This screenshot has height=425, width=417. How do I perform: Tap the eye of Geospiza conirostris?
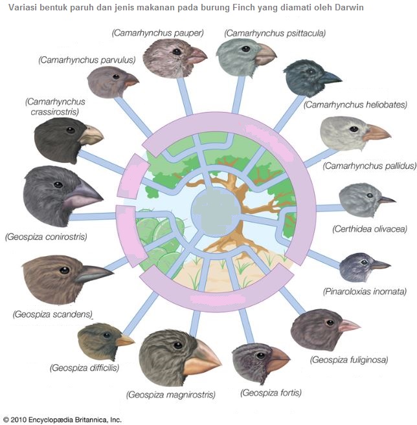(58, 185)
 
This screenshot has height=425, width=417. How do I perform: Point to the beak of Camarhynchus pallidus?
(377, 135)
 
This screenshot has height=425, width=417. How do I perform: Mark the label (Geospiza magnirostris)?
(171, 394)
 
